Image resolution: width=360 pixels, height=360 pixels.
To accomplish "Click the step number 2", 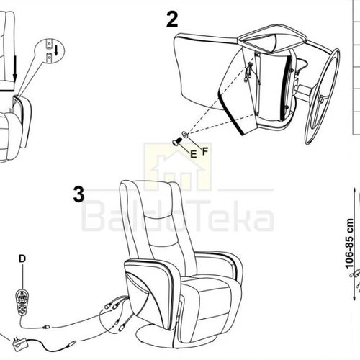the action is coord(172,19).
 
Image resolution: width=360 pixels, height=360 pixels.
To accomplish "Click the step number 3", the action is coord(79,194).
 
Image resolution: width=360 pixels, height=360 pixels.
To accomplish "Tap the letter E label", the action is coord(194,154).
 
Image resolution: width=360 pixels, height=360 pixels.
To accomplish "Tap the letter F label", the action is coord(205,151).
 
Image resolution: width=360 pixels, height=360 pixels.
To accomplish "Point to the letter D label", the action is coord(22,258).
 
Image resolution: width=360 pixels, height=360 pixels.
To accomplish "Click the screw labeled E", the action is coord(176,141).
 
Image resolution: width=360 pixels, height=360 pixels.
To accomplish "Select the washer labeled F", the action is coord(185,134).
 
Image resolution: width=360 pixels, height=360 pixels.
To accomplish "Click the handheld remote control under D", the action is coord(22,302).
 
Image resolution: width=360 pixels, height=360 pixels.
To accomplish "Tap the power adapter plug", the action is coord(20,345).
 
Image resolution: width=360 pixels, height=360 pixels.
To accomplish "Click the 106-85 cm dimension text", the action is coord(349,244).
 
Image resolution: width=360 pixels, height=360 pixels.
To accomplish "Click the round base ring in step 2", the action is coord(323,96).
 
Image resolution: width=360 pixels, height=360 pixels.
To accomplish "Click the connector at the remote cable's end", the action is coord(46,327).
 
